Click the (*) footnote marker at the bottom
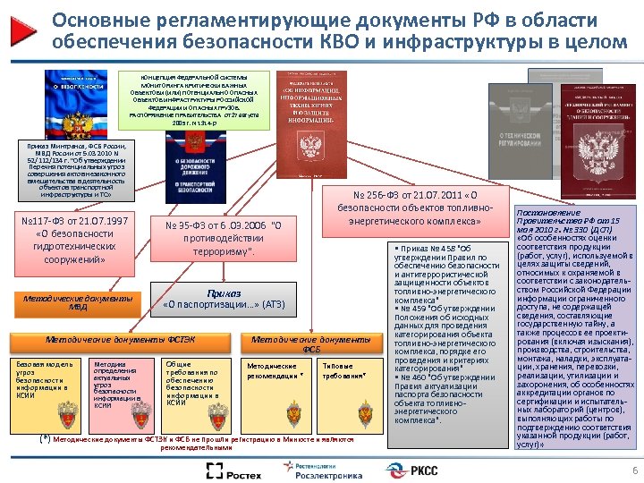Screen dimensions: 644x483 [x=45, y=439]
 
